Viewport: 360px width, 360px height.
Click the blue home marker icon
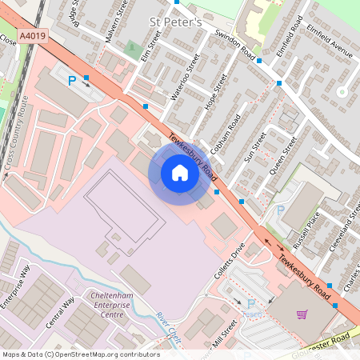180,173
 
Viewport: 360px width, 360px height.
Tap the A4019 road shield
32,36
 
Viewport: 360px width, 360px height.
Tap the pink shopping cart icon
302,314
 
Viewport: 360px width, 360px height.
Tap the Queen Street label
283,156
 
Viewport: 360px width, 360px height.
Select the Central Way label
60,312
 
